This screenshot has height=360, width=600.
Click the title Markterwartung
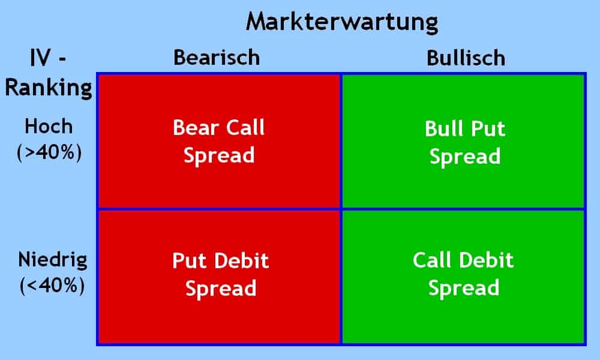tap(342, 22)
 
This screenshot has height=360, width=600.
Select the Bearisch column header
tap(217, 58)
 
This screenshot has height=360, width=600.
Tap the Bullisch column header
tap(466, 58)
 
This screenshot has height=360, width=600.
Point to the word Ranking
tap(48, 88)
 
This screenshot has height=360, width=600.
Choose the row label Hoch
tap(48, 127)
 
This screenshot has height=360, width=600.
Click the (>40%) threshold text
tap(48, 151)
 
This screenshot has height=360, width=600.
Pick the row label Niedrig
tap(53, 260)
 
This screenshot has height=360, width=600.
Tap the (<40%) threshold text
tap(51, 285)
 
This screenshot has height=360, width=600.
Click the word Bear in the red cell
tap(193, 128)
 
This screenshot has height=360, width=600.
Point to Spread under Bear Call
tap(219, 155)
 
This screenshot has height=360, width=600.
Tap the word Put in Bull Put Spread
tap(490, 129)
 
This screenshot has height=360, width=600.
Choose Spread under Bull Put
tap(465, 157)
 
